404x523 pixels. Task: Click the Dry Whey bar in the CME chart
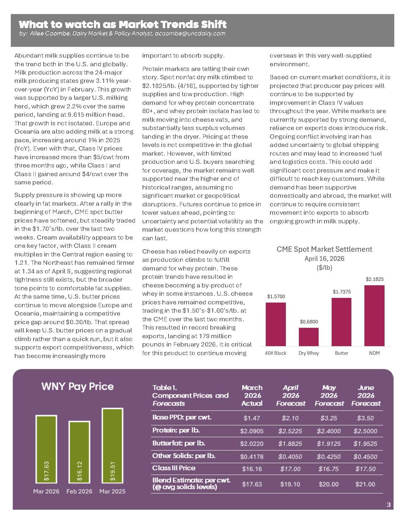click(x=309, y=337)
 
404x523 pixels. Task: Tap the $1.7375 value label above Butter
click(x=341, y=292)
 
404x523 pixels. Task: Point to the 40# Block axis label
click(x=275, y=353)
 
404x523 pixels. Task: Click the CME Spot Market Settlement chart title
click(x=324, y=249)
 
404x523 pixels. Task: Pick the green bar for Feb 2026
click(x=79, y=452)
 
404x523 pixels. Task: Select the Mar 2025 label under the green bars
click(x=112, y=491)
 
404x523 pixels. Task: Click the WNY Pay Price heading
click(x=77, y=386)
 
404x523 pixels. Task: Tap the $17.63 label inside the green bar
click(x=46, y=471)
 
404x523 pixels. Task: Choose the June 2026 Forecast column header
click(x=365, y=395)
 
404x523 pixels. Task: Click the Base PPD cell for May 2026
click(x=328, y=418)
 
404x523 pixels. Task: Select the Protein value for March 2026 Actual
click(x=252, y=431)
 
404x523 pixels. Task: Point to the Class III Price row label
click(x=174, y=468)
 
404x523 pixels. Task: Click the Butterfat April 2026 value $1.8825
click(x=290, y=444)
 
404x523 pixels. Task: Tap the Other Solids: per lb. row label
click(x=184, y=456)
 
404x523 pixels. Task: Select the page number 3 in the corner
click(x=389, y=505)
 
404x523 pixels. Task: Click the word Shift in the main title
click(x=212, y=24)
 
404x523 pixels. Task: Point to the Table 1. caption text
click(x=165, y=388)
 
